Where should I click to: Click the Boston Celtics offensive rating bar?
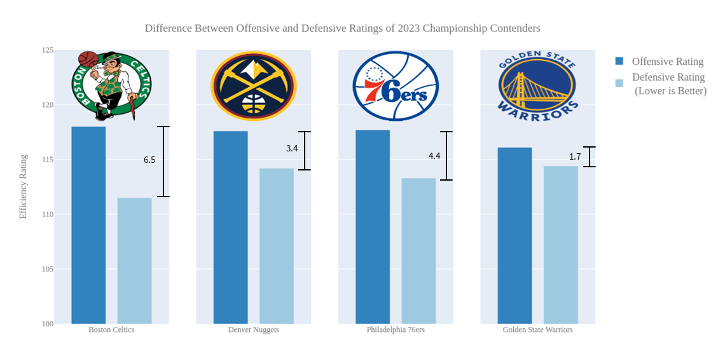[88, 225]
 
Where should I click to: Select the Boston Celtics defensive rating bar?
[134, 261]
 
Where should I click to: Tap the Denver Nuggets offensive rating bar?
[230, 227]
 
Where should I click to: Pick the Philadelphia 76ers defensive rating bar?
[418, 251]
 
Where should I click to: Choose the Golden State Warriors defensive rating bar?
[560, 245]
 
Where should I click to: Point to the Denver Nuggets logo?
[253, 86]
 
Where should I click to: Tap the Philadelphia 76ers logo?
[396, 86]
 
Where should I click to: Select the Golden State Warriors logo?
[537, 85]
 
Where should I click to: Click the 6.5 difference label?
[149, 160]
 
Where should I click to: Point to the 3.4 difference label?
[292, 149]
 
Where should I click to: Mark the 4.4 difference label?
[434, 156]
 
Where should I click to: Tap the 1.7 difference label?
[575, 156]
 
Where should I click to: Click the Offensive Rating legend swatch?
[619, 61]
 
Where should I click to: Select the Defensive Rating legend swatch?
[619, 83]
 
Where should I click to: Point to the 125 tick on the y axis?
[48, 50]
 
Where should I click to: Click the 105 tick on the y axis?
[48, 269]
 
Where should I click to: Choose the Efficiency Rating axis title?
[24, 187]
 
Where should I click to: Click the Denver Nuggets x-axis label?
[253, 330]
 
